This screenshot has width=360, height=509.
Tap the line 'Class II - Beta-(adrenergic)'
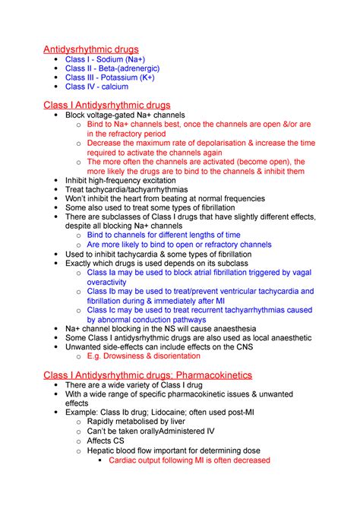(x=118, y=68)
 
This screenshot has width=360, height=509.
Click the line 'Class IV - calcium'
(x=96, y=87)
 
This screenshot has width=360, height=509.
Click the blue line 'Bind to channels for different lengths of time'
(x=163, y=236)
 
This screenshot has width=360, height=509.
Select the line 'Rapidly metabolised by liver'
(x=146, y=422)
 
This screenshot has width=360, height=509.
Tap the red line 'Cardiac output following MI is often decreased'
(x=189, y=460)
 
